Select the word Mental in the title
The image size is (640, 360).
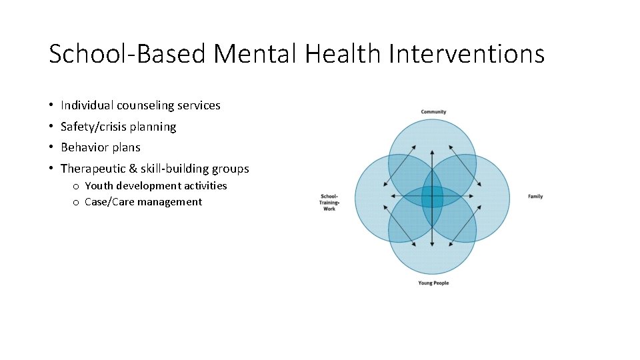coord(255,53)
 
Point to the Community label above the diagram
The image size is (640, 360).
coord(433,111)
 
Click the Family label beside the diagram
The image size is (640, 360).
coord(535,197)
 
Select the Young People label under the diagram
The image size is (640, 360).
coord(433,283)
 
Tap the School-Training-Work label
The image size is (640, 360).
coord(329,203)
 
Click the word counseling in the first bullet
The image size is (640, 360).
coord(143,105)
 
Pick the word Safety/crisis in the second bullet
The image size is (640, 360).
coord(93,127)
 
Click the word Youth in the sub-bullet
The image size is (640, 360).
coord(100,186)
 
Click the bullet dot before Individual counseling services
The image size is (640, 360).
coord(51,106)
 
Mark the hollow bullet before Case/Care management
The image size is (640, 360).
coord(77,203)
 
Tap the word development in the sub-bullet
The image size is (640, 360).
coord(149,186)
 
